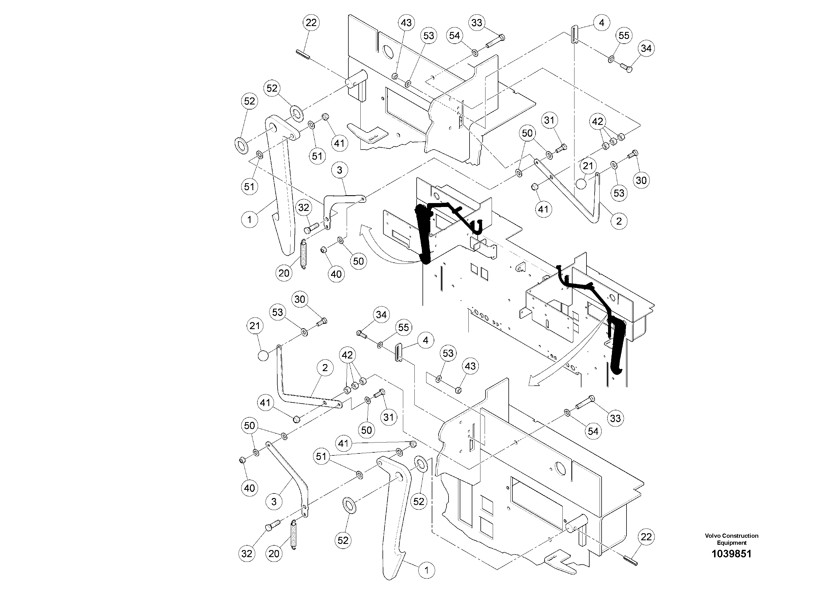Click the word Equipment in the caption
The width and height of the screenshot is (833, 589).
tap(731, 543)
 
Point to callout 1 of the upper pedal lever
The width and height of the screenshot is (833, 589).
tap(249, 219)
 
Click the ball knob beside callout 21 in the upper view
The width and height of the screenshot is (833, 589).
tap(581, 184)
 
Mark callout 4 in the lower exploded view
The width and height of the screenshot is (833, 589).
tap(426, 340)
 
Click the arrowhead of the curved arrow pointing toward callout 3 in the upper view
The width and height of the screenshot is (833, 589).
tap(363, 230)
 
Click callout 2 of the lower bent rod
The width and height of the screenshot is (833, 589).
tap(325, 368)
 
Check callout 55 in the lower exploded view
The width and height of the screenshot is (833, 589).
tap(403, 327)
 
